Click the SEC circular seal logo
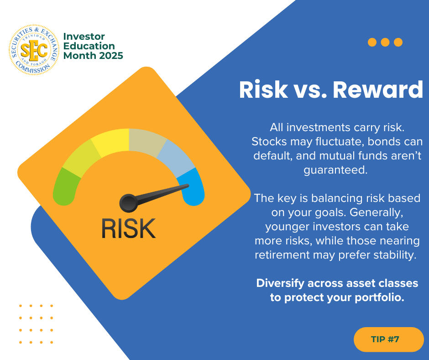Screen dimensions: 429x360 point(34,50)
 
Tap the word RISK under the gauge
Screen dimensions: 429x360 point(129,228)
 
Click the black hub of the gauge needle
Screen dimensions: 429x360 point(128,203)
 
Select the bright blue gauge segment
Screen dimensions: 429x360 point(191,187)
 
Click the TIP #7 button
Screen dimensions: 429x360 point(388,339)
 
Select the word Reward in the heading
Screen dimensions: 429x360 point(378,90)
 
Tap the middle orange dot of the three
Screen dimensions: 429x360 point(385,42)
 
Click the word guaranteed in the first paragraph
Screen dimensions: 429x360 point(335,170)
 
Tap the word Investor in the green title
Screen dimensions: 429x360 point(84,37)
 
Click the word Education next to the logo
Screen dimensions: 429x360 point(89,46)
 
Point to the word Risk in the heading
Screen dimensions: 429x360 point(263,90)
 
